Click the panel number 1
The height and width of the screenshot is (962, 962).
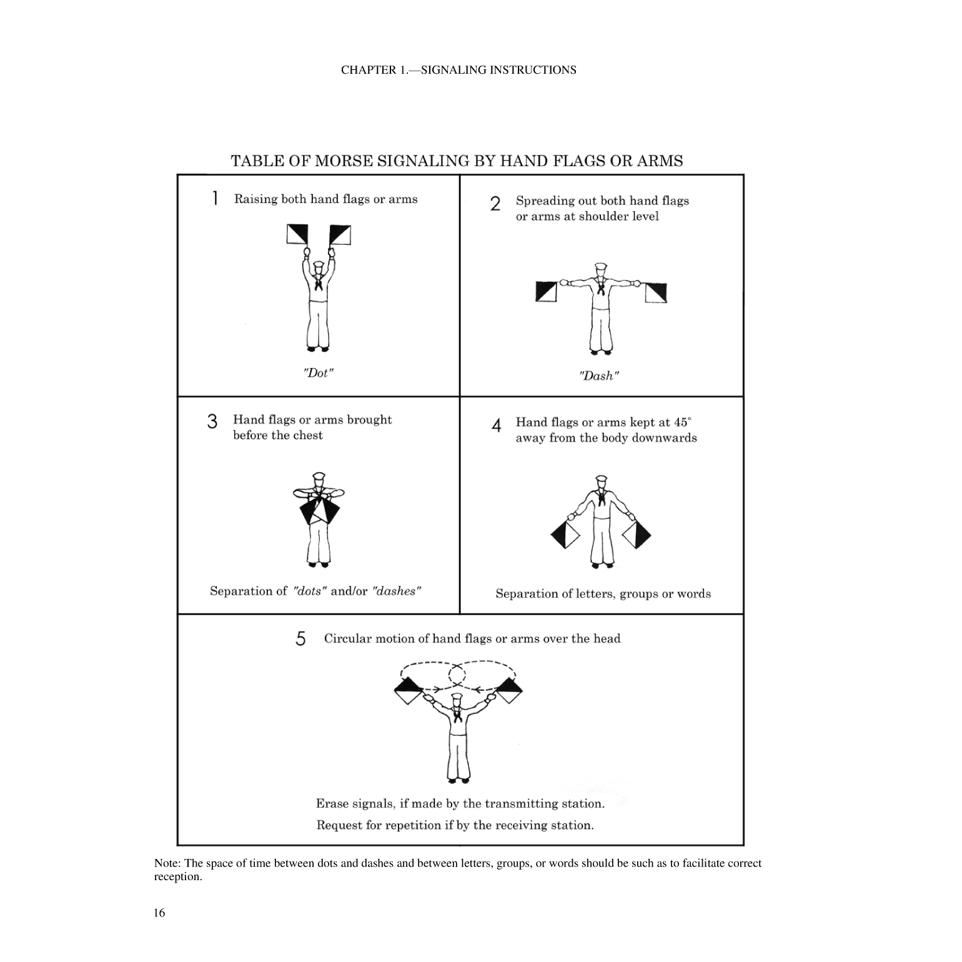pyautogui.click(x=215, y=199)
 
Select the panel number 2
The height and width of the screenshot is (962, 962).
pyautogui.click(x=495, y=204)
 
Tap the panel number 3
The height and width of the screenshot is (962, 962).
pyautogui.click(x=212, y=422)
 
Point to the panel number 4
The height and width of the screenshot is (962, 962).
pyautogui.click(x=497, y=425)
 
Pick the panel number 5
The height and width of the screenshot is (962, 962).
pyautogui.click(x=300, y=638)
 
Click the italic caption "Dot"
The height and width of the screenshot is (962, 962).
pyautogui.click(x=318, y=373)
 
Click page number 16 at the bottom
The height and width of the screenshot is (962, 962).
pyautogui.click(x=159, y=913)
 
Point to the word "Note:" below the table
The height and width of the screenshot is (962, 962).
pyautogui.click(x=167, y=863)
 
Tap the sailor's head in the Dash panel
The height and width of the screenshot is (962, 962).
pyautogui.click(x=600, y=269)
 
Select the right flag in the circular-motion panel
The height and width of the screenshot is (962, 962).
pyautogui.click(x=510, y=690)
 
